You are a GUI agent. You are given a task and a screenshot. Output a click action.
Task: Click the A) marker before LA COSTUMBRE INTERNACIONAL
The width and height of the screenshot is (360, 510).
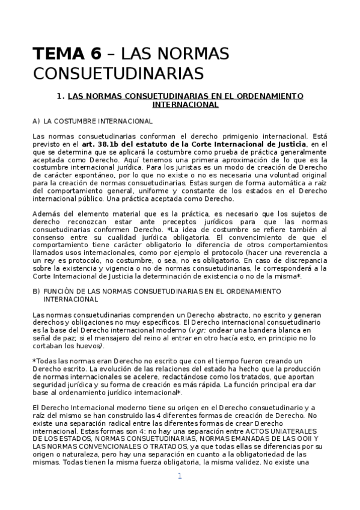coord(37,121)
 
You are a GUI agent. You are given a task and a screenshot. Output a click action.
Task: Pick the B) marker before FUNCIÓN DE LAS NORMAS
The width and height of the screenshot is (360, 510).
coord(37,291)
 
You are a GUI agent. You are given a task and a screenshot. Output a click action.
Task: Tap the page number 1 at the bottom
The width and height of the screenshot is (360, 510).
coord(180,476)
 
